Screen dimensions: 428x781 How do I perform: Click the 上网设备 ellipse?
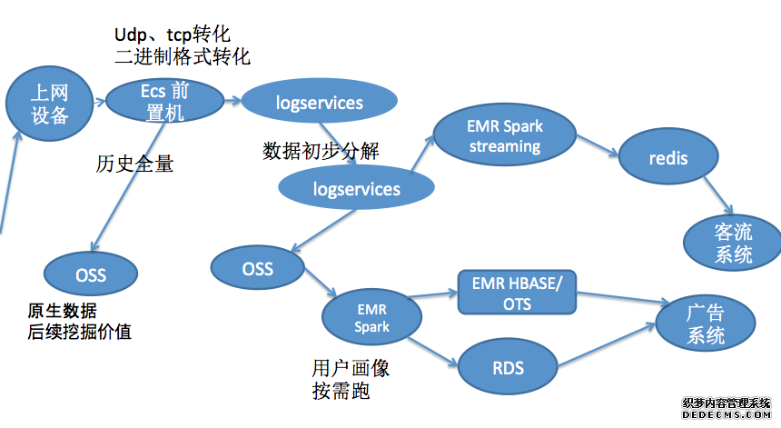[50, 103]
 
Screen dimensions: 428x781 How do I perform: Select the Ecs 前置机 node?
[164, 100]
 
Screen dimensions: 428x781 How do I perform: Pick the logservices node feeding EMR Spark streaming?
[356, 189]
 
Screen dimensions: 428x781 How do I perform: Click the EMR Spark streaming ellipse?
[504, 135]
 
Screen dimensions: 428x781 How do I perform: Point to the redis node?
[668, 159]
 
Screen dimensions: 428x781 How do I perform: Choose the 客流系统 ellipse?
[733, 243]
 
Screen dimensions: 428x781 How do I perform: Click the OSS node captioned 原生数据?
[90, 274]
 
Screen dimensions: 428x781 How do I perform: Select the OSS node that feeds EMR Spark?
[257, 268]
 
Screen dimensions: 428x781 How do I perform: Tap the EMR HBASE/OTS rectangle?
[517, 293]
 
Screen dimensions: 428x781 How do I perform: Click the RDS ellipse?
[507, 369]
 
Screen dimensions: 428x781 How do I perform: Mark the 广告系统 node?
[706, 323]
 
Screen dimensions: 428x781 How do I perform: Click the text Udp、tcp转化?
[166, 34]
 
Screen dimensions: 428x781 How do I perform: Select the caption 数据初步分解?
[321, 151]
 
